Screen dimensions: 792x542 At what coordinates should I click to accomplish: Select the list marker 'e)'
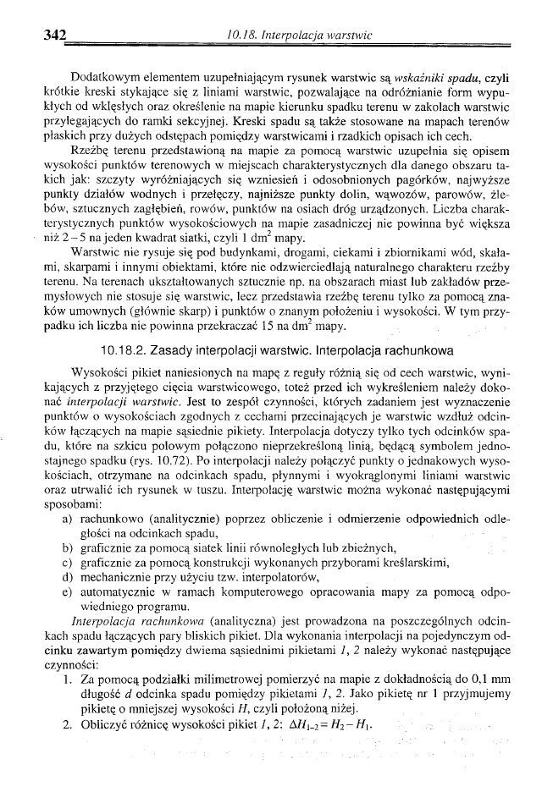pyautogui.click(x=67, y=592)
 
